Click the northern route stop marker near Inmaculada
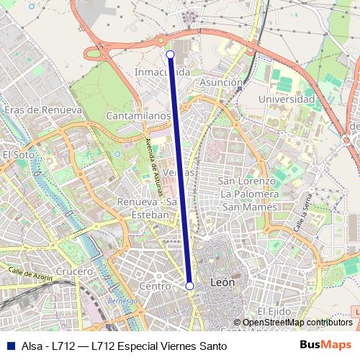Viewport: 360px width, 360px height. pos(170,54)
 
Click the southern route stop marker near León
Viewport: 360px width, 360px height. pos(190,286)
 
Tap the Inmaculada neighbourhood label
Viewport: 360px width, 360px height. pos(163,72)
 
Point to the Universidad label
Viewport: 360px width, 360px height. pos(286,99)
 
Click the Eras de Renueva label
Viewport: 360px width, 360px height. pos(42,110)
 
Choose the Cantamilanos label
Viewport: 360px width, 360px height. pos(138,115)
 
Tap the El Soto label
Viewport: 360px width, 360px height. pos(19,154)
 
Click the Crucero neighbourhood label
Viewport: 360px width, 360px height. pos(74,271)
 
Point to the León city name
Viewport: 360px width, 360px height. pos(221,283)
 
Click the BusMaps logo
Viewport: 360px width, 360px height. pos(325,345)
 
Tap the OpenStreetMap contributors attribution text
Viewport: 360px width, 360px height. pos(297,323)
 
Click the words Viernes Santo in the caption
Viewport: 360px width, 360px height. pos(194,346)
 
